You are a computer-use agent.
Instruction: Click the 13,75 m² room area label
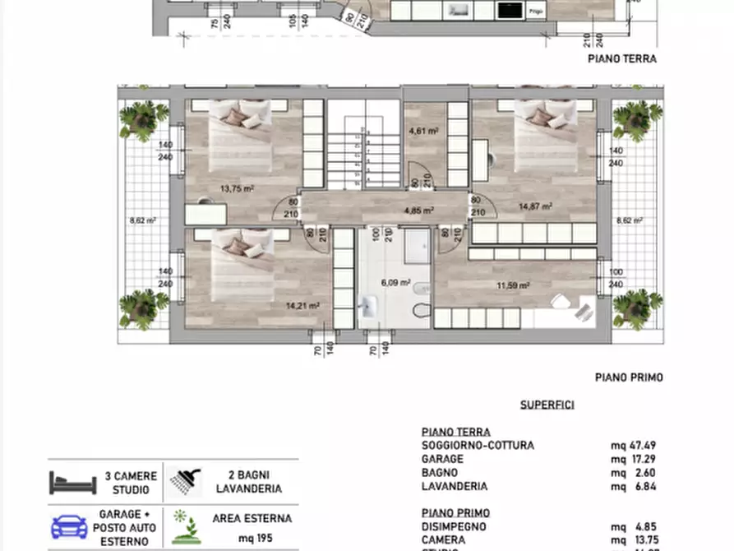[237, 188]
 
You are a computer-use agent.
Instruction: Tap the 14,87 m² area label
[534, 207]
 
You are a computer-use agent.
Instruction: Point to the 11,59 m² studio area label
[513, 285]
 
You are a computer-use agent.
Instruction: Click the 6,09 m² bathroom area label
[395, 282]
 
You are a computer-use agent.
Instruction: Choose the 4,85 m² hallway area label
[418, 210]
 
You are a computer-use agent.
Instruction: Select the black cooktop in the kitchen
[510, 10]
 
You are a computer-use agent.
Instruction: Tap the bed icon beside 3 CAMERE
[72, 483]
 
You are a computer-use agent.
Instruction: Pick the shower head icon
[187, 481]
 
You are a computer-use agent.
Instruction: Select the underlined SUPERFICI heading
[547, 405]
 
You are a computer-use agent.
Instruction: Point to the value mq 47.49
[632, 446]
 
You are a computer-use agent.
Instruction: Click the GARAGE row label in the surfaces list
[442, 459]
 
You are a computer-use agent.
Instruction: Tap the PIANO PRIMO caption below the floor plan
[629, 377]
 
